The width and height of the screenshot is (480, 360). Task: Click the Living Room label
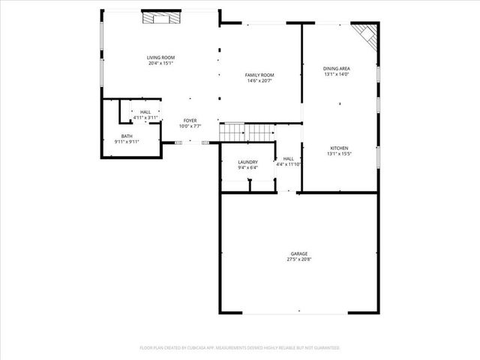point(160,58)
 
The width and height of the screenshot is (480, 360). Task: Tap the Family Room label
point(259,75)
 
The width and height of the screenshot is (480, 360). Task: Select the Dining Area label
point(337,68)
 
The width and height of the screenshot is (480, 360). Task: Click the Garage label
point(299,253)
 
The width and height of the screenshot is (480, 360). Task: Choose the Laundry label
point(247,162)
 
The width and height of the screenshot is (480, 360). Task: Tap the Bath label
point(127,136)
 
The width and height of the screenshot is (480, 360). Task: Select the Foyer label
point(190,121)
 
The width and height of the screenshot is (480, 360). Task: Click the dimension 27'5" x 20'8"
point(299,259)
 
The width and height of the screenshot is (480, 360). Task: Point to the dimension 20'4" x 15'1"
point(160,64)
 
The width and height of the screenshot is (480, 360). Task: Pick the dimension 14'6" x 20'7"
point(259,81)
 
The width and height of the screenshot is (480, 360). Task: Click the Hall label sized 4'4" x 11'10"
point(288,159)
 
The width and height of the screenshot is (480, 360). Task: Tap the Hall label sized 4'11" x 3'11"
point(145,112)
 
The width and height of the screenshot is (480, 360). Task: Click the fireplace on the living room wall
point(163,17)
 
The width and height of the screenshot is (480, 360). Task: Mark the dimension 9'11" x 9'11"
point(127,142)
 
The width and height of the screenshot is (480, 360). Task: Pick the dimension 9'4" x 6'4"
point(247,168)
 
